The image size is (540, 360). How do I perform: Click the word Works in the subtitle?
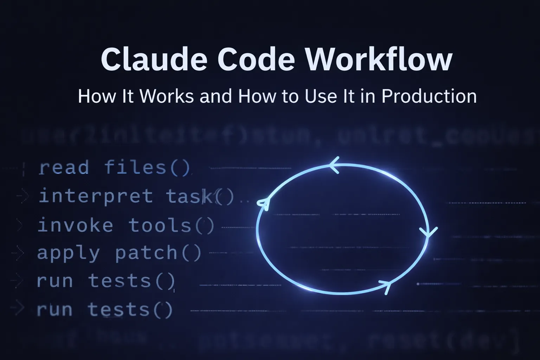point(167,96)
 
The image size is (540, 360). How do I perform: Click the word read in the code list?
point(64,168)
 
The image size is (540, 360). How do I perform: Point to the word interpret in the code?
point(96,196)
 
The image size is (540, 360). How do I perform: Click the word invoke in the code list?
point(75,225)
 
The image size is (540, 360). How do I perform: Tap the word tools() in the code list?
point(171,225)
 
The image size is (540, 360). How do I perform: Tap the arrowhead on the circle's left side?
point(264,203)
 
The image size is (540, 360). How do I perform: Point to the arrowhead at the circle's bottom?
point(386,285)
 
